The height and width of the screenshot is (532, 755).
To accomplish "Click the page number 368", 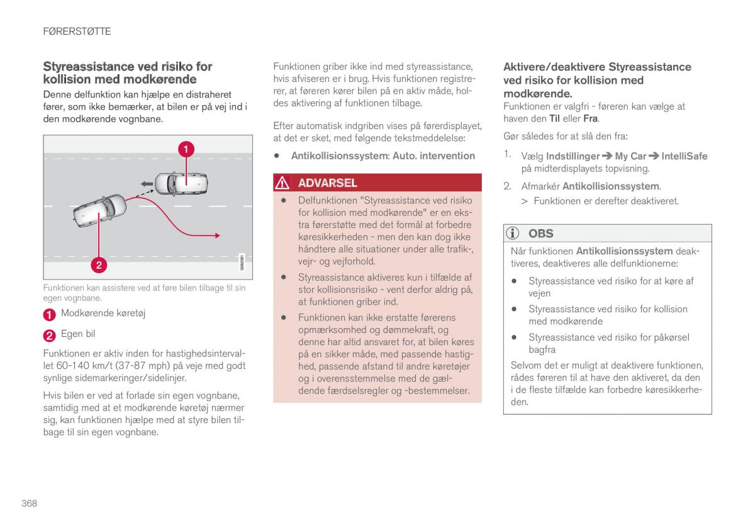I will pyautogui.click(x=29, y=503).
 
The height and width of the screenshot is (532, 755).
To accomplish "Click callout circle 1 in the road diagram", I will pyautogui.click(x=186, y=149).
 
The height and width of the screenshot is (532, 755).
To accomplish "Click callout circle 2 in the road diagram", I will pyautogui.click(x=98, y=265).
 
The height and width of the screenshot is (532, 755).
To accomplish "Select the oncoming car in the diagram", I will pyautogui.click(x=181, y=183).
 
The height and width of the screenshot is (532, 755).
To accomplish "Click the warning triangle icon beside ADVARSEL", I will pyautogui.click(x=282, y=183).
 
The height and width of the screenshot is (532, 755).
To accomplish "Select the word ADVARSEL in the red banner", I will pyautogui.click(x=327, y=183).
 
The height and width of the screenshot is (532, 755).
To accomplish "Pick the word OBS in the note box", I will pyautogui.click(x=540, y=234).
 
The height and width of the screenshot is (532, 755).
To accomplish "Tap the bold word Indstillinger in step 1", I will pyautogui.click(x=573, y=156).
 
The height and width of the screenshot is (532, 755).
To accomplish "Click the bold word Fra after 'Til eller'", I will pyautogui.click(x=590, y=118).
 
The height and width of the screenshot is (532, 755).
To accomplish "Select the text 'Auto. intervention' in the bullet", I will pyautogui.click(x=433, y=156).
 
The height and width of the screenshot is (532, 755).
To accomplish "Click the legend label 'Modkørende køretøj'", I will pyautogui.click(x=103, y=313).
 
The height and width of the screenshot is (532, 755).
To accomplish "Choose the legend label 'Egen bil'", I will pyautogui.click(x=78, y=334).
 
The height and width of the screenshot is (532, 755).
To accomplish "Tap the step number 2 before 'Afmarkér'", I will pyautogui.click(x=506, y=186).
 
